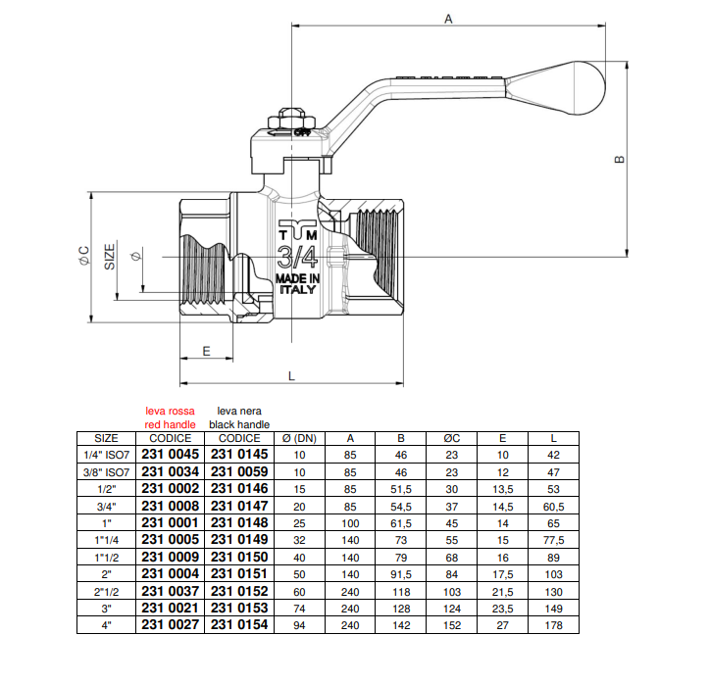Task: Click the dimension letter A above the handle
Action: tap(448, 19)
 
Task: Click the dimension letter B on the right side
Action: tap(619, 159)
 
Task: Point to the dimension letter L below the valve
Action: tap(291, 374)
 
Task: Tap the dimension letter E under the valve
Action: tap(206, 350)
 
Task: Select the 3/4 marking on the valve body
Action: tap(297, 258)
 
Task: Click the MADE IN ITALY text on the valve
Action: tap(297, 284)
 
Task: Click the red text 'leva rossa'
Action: tap(170, 412)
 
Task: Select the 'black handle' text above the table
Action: tap(238, 424)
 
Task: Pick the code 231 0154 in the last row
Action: tap(238, 625)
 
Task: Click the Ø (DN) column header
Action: tap(299, 438)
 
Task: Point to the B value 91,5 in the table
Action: tap(400, 574)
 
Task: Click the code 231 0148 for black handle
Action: tap(238, 522)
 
